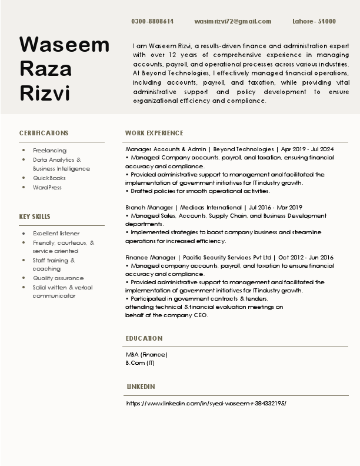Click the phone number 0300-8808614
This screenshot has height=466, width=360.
coord(152,21)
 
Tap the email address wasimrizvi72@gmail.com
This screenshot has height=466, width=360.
coord(232,21)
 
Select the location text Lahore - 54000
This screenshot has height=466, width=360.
coord(314,21)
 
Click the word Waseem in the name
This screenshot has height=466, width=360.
coord(64,45)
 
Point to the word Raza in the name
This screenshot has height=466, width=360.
coord(46,68)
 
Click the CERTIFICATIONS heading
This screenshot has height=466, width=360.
coord(44,133)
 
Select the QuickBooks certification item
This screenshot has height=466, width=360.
coord(49,178)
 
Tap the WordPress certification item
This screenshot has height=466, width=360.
coord(47,187)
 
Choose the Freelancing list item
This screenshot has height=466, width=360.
coord(49,151)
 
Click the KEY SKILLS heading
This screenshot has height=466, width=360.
coord(35,217)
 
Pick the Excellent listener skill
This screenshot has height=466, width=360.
coord(56,234)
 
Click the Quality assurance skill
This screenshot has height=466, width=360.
coord(58,278)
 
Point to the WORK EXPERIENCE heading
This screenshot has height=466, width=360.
coord(154,133)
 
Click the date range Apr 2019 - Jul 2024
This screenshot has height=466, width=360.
coord(308,149)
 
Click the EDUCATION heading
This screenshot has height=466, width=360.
coord(144,338)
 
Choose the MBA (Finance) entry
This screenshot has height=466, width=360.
coord(146,354)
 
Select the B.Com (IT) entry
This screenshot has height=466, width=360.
coord(140,362)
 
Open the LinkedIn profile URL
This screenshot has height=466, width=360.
coord(206,404)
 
